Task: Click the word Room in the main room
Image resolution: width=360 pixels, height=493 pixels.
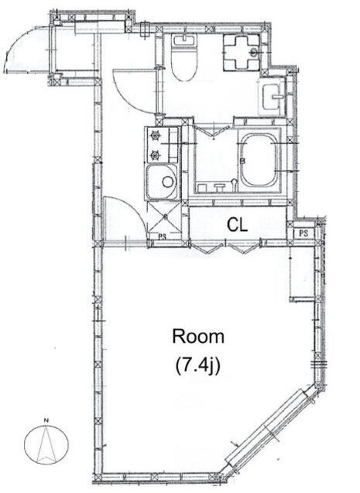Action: coord(198,337)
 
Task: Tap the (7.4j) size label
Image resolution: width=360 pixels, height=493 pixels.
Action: coord(197,365)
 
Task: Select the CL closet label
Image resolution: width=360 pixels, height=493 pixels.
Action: coord(237,225)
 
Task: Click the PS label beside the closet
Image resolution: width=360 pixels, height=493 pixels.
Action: coord(304,233)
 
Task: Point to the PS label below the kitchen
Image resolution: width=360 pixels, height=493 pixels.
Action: coord(162,236)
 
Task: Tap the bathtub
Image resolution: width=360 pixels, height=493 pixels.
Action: coord(259,159)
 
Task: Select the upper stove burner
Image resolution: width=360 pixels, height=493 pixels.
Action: coord(155,136)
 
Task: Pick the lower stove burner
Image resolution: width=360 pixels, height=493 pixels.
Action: coord(155,155)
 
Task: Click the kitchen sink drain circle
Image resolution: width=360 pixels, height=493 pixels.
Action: coord(168,182)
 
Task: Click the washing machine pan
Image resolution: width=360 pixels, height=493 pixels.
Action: coord(242,52)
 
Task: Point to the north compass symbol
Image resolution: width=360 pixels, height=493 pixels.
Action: coord(46,444)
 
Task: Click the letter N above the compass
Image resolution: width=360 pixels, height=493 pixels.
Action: coord(46,421)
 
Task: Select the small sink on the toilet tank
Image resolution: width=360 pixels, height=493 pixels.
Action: coord(183,40)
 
